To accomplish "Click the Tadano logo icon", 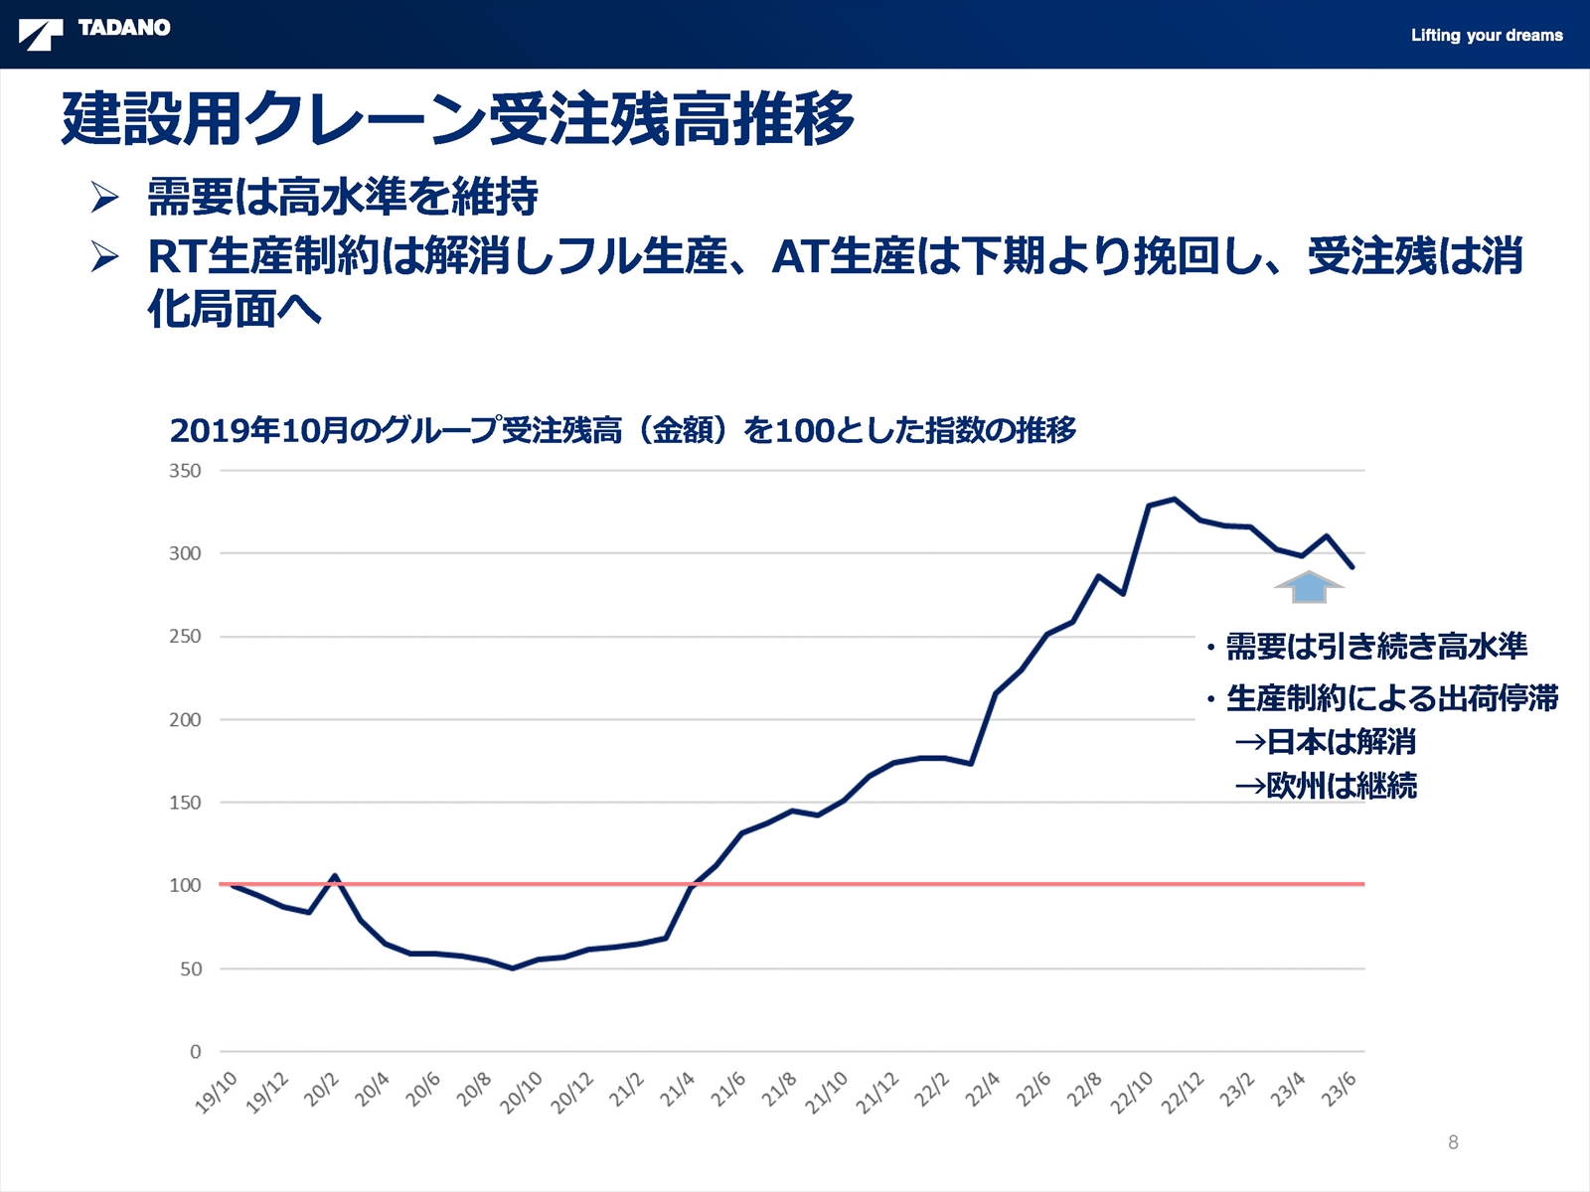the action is [x=41, y=35].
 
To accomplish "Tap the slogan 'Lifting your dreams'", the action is [x=1487, y=36].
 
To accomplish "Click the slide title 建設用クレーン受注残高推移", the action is [x=458, y=118].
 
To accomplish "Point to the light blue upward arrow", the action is [x=1308, y=587].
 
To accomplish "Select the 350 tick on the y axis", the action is [x=185, y=471].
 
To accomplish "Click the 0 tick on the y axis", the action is [x=195, y=1052].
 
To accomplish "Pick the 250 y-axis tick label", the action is [x=185, y=636].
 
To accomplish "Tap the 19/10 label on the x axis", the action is [x=216, y=1092].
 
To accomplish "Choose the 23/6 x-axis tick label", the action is [x=1338, y=1089].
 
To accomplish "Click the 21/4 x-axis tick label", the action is [x=677, y=1089].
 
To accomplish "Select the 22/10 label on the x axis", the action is [x=1131, y=1092].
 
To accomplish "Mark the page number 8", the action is [x=1453, y=1142].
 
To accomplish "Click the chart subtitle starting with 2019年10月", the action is [x=623, y=430].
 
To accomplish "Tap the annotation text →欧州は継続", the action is [x=1326, y=786].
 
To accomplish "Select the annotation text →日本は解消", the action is [x=1325, y=741].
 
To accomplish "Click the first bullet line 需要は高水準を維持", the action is [x=343, y=196].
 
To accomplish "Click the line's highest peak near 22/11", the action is [x=1175, y=499].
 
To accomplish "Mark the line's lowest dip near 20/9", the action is [x=513, y=968].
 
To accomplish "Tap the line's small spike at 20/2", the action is [x=335, y=876].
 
